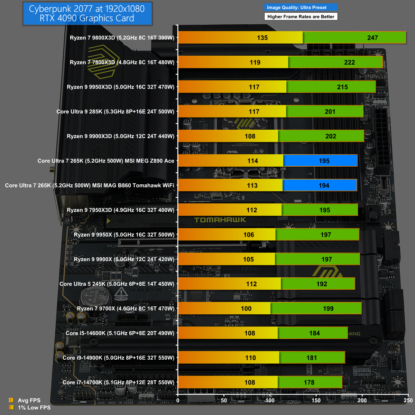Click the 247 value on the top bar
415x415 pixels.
pos(372,38)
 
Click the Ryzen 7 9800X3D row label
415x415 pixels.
pos(122,38)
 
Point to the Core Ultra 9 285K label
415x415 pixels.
pos(116,111)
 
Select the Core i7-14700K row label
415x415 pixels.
pos(118,382)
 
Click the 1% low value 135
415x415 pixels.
pos(262,38)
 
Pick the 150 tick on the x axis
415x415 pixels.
pos(316,400)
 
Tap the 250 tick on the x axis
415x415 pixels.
pos(408,400)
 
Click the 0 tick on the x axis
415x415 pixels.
pos(178,400)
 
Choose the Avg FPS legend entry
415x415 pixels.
pos(29,400)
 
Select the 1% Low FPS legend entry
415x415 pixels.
pos(34,407)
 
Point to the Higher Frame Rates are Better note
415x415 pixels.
pos(301,16)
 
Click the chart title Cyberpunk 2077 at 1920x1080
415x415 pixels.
pos(87,9)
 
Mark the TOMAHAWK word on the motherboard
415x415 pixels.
pos(220,220)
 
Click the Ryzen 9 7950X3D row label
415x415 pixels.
pos(121,210)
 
